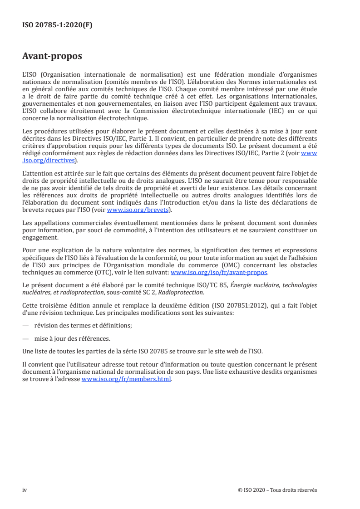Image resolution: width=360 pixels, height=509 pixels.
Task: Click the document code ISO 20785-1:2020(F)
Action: point(57,25)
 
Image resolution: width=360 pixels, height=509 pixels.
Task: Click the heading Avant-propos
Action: point(52,56)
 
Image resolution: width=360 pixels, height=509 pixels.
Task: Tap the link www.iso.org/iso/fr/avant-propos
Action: point(219,273)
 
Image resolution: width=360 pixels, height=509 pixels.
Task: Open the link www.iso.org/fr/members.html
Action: point(126,379)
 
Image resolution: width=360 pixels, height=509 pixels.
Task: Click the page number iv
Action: point(25,490)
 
